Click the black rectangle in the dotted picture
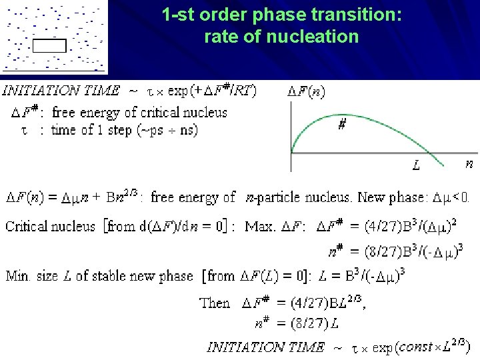coord(49,45)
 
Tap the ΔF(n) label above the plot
coord(307,91)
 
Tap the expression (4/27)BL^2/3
coord(319,303)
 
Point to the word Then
coord(215,303)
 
